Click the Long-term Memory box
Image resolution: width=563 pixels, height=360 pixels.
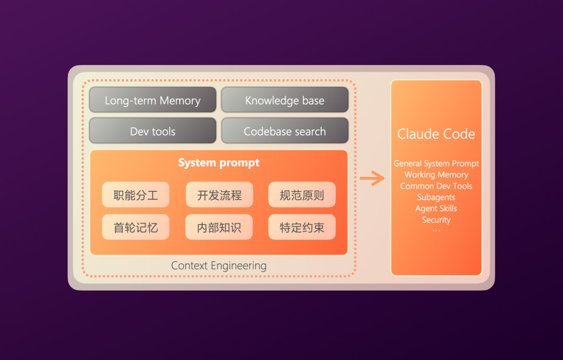pyautogui.click(x=153, y=100)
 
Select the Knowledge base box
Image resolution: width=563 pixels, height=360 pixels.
pyautogui.click(x=285, y=100)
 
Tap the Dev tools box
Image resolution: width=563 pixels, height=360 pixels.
pyautogui.click(x=153, y=131)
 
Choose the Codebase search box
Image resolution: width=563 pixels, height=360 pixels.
pyautogui.click(x=285, y=131)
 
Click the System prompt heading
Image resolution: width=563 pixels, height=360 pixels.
pyautogui.click(x=219, y=163)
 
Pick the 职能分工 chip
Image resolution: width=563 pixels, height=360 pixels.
pyautogui.click(x=136, y=195)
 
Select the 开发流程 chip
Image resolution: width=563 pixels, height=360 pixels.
pyautogui.click(x=219, y=195)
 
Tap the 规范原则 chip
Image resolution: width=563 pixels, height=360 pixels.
pyautogui.click(x=302, y=195)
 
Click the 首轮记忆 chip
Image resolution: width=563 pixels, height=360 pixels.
pyautogui.click(x=136, y=227)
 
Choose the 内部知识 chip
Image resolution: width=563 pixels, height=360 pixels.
pyautogui.click(x=219, y=227)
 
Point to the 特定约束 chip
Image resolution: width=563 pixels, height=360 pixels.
pyautogui.click(x=302, y=227)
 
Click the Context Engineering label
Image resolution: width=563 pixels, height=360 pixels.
pyautogui.click(x=219, y=266)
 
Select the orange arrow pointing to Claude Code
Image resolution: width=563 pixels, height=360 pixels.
pyautogui.click(x=372, y=179)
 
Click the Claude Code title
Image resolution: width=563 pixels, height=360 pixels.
pyautogui.click(x=436, y=134)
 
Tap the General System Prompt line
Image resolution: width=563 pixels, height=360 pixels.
pyautogui.click(x=436, y=164)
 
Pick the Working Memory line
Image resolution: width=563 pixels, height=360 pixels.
pyautogui.click(x=436, y=175)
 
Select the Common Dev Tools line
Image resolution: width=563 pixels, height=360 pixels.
pyautogui.click(x=436, y=186)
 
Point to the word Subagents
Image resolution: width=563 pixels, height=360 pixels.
pyautogui.click(x=436, y=197)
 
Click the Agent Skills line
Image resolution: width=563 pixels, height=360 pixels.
pyautogui.click(x=436, y=208)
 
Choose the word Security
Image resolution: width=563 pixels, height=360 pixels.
pyautogui.click(x=436, y=220)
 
